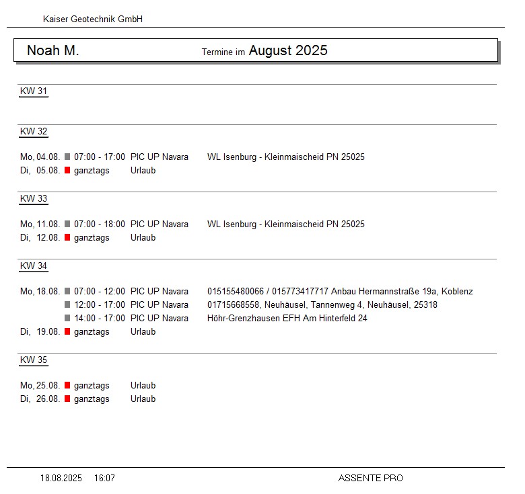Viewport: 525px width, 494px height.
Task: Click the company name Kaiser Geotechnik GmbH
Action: coord(93,19)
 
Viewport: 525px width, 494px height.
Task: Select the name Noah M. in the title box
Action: coord(53,51)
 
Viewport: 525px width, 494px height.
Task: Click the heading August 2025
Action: coord(288,51)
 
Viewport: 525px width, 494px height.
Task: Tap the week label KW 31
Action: coord(34,91)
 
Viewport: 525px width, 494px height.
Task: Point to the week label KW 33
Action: coord(34,199)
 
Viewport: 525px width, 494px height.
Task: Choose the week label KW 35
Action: coord(34,360)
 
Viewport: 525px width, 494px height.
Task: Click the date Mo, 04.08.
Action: coord(40,157)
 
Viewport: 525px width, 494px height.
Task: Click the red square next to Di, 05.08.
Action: coord(67,171)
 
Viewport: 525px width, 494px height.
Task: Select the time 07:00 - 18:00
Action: coord(100,224)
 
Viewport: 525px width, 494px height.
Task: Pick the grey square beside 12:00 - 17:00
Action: coord(67,305)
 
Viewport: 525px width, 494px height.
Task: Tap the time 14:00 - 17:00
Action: coord(100,319)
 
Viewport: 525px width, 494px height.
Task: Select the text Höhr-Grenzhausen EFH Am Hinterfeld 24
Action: coord(287,319)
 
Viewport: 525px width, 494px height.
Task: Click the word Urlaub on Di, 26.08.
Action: coord(143,399)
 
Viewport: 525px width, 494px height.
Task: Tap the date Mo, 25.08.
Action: coord(40,386)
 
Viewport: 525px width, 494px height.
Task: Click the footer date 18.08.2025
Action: coord(61,479)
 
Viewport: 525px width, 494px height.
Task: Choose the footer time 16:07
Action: coord(104,479)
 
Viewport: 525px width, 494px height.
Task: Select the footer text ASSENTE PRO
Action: coord(371,479)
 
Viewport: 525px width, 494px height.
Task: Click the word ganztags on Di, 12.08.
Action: coord(92,238)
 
